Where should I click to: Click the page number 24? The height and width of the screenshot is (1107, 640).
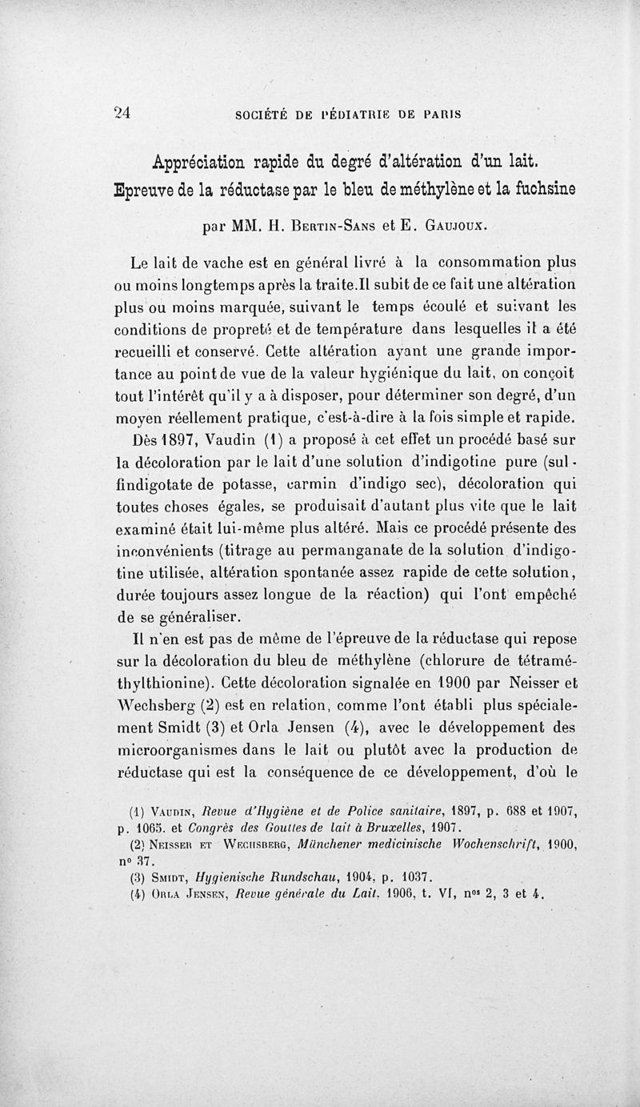coord(122,113)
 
